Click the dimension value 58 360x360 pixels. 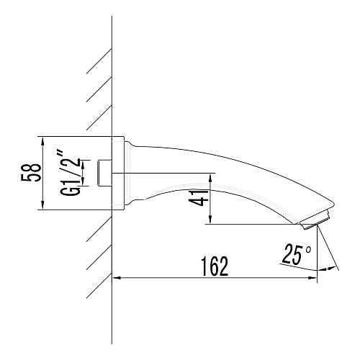(x=31, y=172)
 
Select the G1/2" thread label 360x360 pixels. (x=71, y=174)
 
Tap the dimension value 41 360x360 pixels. (x=199, y=198)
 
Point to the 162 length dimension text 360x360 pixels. (x=215, y=266)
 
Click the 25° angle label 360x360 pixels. (x=297, y=254)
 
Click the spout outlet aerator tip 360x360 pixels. (x=315, y=222)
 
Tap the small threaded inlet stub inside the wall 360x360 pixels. (x=104, y=174)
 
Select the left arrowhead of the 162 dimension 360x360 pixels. (x=117, y=278)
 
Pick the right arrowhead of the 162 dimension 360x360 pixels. (x=312, y=278)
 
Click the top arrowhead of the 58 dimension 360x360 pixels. (x=42, y=141)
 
